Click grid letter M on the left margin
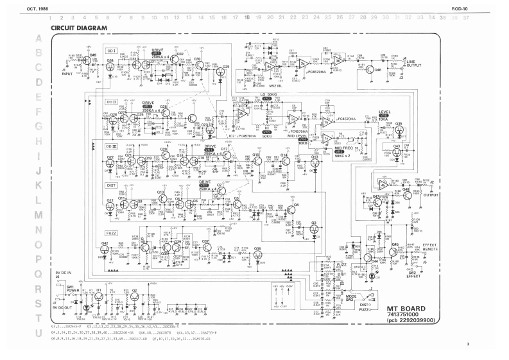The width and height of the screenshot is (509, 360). [39, 214]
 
